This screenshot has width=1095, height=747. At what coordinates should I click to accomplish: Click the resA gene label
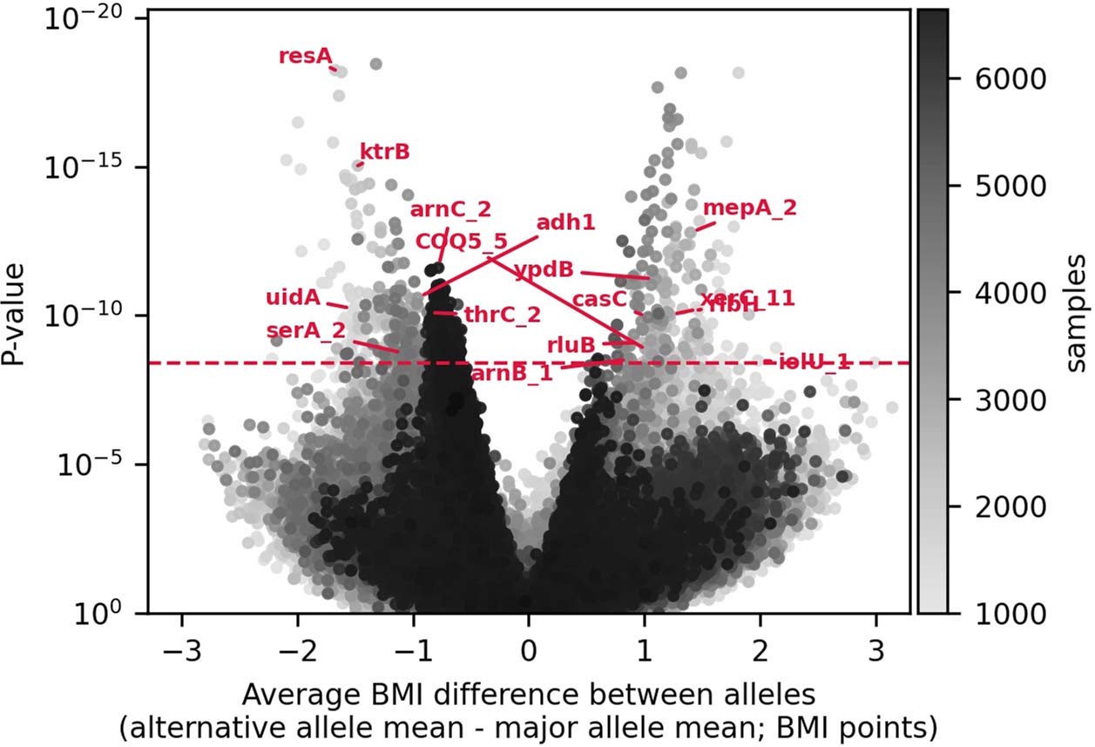[x=306, y=57]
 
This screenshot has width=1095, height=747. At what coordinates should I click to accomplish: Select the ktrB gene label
[x=384, y=152]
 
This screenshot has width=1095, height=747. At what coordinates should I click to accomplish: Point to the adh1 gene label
[x=565, y=222]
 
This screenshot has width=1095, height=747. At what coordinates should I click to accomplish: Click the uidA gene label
[x=294, y=298]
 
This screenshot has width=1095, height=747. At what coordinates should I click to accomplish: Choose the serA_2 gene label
[x=306, y=330]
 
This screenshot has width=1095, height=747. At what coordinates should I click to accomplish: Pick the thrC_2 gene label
[x=503, y=314]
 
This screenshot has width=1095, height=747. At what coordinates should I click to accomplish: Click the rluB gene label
[x=571, y=344]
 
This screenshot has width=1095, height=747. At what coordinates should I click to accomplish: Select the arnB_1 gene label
[x=511, y=373]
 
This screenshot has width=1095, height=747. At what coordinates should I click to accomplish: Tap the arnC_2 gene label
[x=450, y=209]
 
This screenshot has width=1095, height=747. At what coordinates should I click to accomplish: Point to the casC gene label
[x=599, y=299]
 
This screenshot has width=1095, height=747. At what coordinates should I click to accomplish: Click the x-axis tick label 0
[x=529, y=654]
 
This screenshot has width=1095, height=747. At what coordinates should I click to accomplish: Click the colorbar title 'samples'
[x=1077, y=313]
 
